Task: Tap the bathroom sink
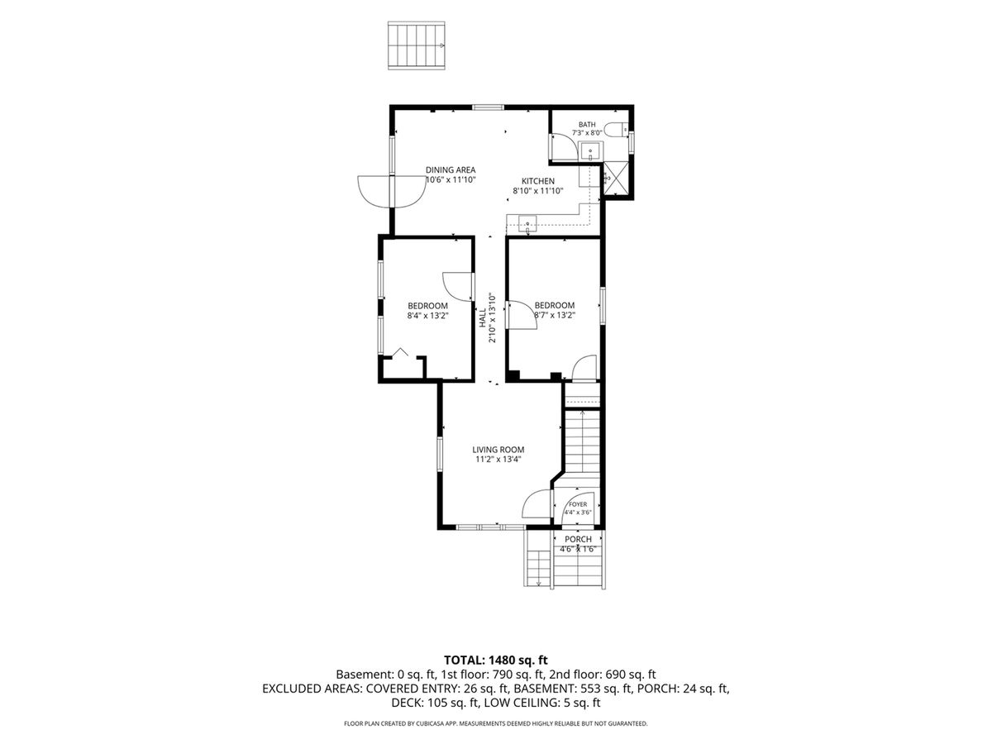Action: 591,151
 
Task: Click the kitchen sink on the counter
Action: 527,223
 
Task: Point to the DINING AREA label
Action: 451,169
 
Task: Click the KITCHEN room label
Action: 538,181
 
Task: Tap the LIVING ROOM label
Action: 498,450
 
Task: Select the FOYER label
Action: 578,504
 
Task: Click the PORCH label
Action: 578,539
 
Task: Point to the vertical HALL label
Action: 483,317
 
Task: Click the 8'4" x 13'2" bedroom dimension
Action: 427,316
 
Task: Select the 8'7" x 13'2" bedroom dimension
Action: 555,315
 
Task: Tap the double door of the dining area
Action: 392,192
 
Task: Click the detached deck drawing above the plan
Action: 417,45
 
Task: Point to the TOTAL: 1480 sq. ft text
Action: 496,660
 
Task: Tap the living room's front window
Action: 490,527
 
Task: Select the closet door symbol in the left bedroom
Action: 399,353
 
